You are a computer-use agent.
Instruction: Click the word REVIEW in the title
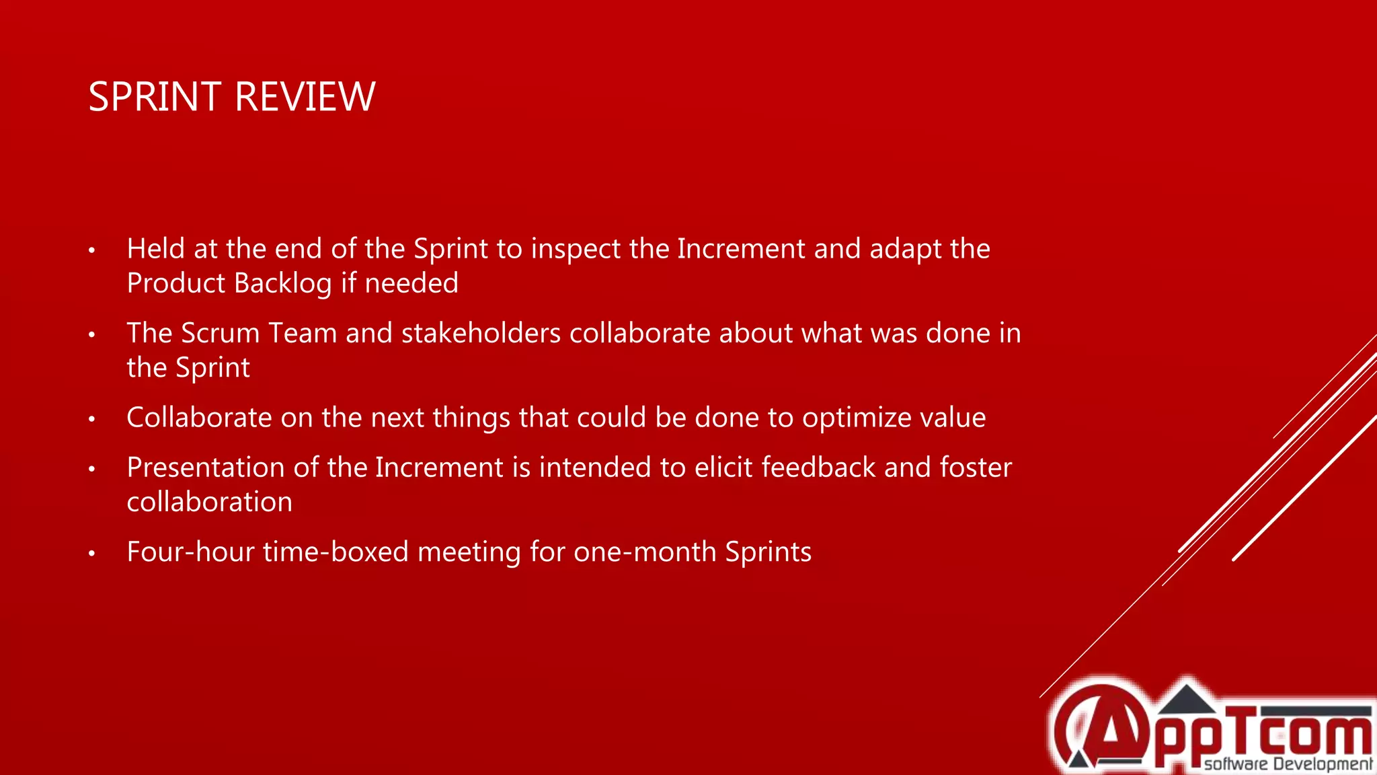305,97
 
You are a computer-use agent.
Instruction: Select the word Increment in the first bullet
741,249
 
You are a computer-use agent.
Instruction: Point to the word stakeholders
481,334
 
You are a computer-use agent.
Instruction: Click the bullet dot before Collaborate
92,419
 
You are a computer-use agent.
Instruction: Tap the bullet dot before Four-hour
92,554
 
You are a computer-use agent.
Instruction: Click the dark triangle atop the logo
1187,700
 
